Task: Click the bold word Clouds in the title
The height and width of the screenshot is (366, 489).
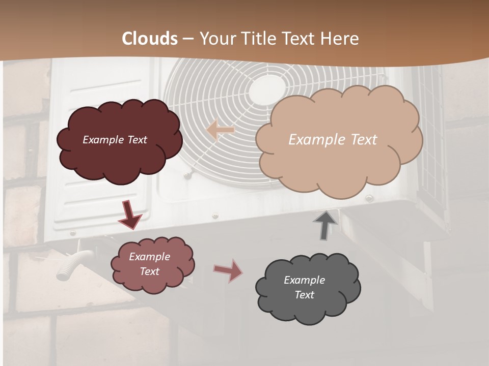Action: tap(150, 39)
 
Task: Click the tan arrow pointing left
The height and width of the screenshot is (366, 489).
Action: tap(220, 131)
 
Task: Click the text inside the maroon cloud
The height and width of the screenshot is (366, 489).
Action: tap(115, 140)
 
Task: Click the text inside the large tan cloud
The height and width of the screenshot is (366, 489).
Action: tap(333, 140)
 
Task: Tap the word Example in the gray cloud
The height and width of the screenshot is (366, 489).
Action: tap(304, 280)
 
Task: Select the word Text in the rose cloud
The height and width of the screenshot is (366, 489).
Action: tap(149, 271)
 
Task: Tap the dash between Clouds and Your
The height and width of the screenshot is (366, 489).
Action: tap(188, 39)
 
